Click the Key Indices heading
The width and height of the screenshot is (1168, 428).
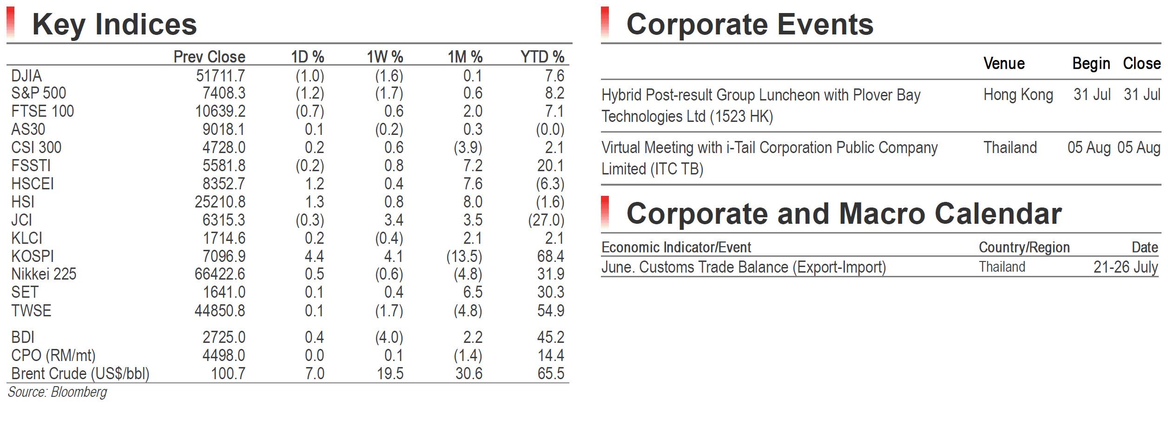click(114, 25)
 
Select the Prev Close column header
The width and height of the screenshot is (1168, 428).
click(209, 57)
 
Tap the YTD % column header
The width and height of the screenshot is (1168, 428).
click(542, 57)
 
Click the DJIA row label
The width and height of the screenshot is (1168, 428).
click(26, 76)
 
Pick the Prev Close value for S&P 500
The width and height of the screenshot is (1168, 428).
click(224, 93)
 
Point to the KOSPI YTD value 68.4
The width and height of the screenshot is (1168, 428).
click(551, 256)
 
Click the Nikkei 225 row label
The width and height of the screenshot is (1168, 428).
click(44, 274)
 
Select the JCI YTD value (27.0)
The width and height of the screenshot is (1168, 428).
click(546, 220)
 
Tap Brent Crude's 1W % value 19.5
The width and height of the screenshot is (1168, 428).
click(390, 374)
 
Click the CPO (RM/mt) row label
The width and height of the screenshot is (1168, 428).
click(53, 355)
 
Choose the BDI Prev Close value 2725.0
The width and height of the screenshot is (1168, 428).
click(224, 337)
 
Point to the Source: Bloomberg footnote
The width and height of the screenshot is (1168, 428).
click(57, 392)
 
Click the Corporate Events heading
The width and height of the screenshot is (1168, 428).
click(750, 25)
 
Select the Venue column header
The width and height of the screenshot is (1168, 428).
click(1004, 63)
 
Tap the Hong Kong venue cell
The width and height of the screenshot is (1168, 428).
click(1018, 95)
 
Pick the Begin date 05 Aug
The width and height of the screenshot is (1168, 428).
click(1089, 147)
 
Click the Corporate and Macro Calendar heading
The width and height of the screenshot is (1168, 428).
click(844, 214)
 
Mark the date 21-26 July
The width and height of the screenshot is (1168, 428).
click(1126, 267)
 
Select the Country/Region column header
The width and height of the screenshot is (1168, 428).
click(1024, 247)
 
